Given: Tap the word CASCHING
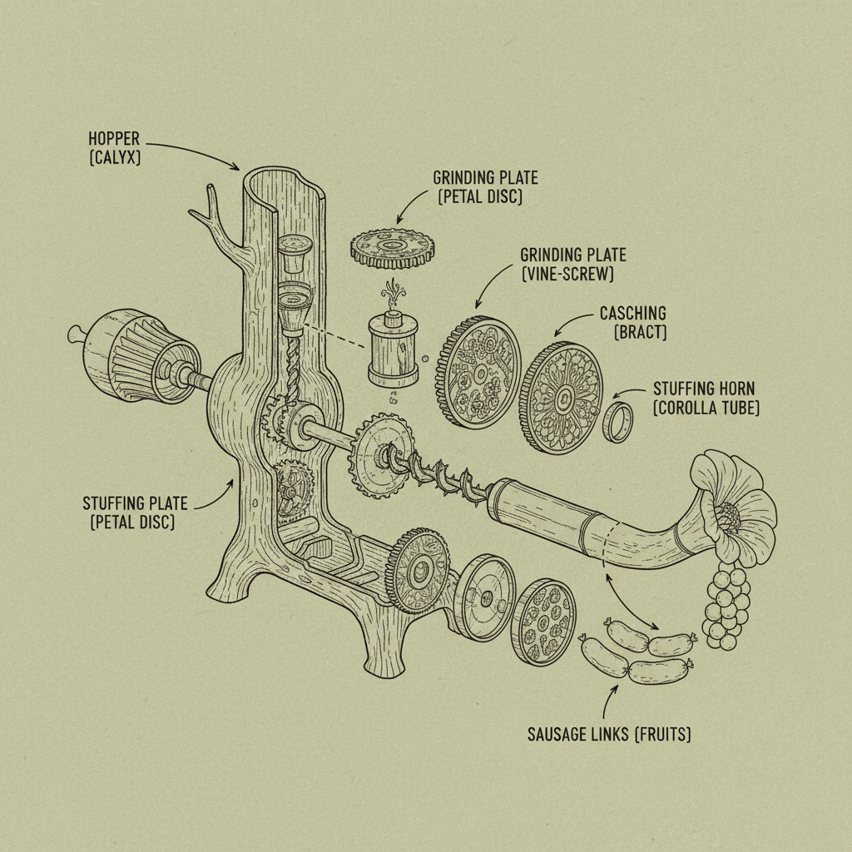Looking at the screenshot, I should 633,314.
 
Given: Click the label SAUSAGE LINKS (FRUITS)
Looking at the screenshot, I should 609,735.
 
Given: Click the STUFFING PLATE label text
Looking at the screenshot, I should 135,503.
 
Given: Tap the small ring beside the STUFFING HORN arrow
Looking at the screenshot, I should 617,421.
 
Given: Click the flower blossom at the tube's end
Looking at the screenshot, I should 732,508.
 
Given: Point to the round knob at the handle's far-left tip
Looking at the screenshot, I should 76,334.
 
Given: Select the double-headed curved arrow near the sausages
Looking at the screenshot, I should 633,599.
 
